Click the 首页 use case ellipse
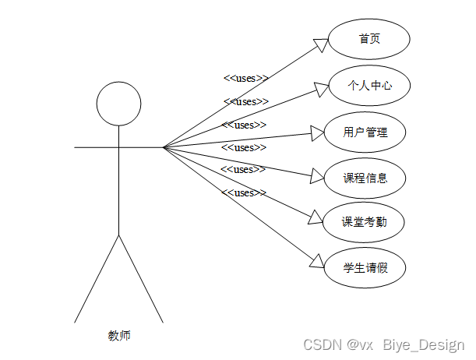369,40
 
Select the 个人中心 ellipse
369,86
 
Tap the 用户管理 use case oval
365,132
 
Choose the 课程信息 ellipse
365,178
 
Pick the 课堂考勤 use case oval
365,223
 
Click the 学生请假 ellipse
365,269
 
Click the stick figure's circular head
118,103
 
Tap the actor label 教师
118,336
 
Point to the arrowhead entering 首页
321,44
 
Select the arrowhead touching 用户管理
317,133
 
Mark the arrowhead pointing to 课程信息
317,177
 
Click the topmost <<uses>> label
245,78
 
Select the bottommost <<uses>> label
243,192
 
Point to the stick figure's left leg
97,278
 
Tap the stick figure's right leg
141,278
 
